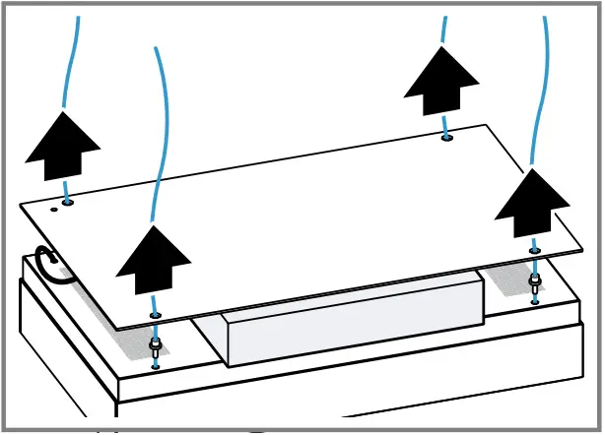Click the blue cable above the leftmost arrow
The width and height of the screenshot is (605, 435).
click(x=69, y=59)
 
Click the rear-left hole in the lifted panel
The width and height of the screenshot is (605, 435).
click(x=67, y=203)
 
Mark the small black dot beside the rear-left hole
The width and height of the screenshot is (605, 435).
click(x=53, y=209)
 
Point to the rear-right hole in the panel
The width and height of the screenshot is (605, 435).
click(x=447, y=138)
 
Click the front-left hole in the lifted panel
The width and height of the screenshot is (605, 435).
click(x=155, y=315)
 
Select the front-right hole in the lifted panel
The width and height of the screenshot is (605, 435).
click(x=534, y=251)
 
